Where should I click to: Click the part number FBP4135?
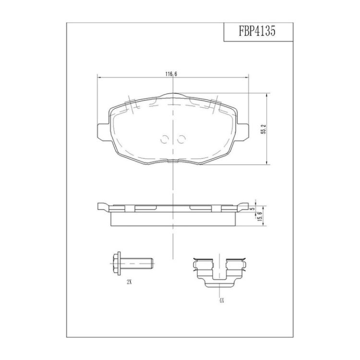pos(257,31)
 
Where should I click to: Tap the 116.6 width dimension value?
pos(171,74)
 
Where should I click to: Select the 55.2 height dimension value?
pos(264,129)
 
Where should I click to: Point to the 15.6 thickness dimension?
pos(260,216)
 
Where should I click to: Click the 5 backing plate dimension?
pos(253,209)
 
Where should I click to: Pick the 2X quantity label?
pos(129,282)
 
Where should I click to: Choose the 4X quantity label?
pos(221,301)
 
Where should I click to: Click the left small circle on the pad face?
pos(164,139)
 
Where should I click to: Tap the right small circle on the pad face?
pos(181,139)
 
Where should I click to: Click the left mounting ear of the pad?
pos(103,132)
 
